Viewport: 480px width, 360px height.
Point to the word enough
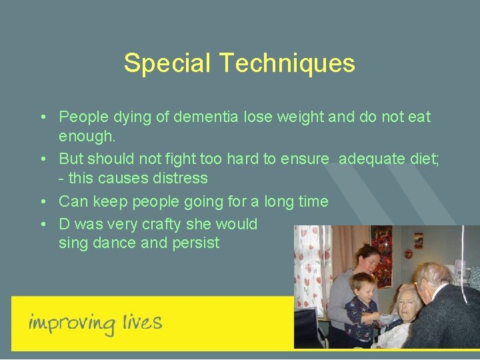point(87,137)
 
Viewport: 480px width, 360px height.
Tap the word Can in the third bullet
point(72,201)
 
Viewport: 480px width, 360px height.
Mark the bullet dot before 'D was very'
point(42,223)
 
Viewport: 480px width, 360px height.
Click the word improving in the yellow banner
point(72,324)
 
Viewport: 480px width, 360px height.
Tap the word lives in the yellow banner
point(141,323)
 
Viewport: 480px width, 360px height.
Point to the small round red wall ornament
point(418,240)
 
